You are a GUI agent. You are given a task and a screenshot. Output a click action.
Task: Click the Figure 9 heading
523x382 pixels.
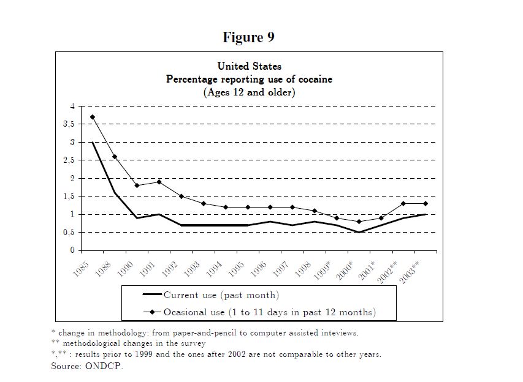click(x=248, y=38)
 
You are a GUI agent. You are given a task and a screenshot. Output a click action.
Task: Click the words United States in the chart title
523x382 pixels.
click(x=250, y=66)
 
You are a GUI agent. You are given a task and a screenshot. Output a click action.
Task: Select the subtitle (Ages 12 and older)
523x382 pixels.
click(x=249, y=92)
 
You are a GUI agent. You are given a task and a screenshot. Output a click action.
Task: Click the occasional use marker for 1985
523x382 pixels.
click(x=93, y=117)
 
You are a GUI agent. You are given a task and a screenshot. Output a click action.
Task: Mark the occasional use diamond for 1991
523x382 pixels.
click(x=159, y=182)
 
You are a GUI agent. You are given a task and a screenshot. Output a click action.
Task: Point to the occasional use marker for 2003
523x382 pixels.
click(x=425, y=203)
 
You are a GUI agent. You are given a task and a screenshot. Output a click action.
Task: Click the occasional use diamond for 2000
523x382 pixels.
click(x=359, y=222)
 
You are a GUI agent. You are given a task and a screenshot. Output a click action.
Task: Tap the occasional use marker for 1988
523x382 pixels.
click(x=115, y=157)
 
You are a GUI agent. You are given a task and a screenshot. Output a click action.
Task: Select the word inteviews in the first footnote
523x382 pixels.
click(x=340, y=333)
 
